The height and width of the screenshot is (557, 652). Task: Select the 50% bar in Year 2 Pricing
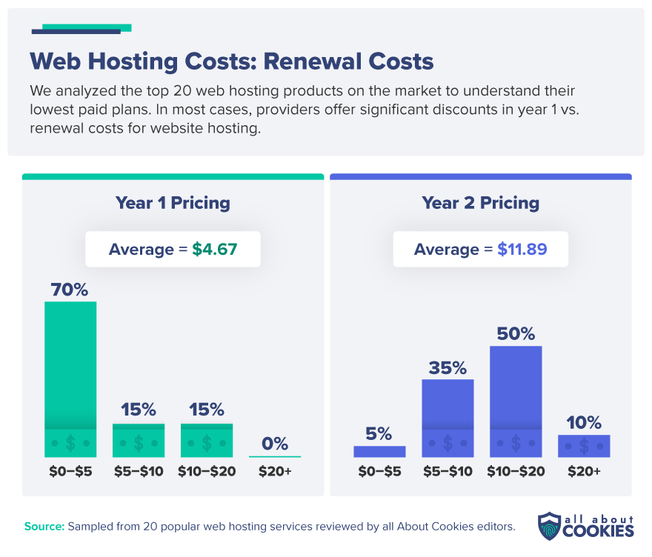(x=516, y=401)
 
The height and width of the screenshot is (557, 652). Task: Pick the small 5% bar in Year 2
(x=379, y=451)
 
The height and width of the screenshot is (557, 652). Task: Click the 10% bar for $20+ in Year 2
(x=584, y=445)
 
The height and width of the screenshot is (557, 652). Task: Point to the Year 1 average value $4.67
(x=215, y=250)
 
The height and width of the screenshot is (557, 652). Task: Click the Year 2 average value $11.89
(x=522, y=250)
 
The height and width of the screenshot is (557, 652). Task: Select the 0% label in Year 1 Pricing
(x=275, y=444)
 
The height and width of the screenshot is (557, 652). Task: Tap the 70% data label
(x=70, y=290)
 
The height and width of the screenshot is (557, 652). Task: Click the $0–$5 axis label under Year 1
(x=70, y=472)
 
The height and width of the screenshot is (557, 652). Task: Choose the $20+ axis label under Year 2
(x=584, y=472)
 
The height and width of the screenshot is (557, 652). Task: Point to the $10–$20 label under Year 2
(x=516, y=472)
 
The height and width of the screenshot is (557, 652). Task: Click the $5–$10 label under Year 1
(x=139, y=472)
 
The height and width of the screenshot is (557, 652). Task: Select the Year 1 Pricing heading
(x=173, y=203)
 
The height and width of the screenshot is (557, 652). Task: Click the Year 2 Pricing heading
(x=480, y=203)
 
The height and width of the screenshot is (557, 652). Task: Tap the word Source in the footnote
(x=44, y=527)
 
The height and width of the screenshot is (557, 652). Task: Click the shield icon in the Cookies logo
(x=550, y=525)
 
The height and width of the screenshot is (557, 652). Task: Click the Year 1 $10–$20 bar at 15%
(x=207, y=440)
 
